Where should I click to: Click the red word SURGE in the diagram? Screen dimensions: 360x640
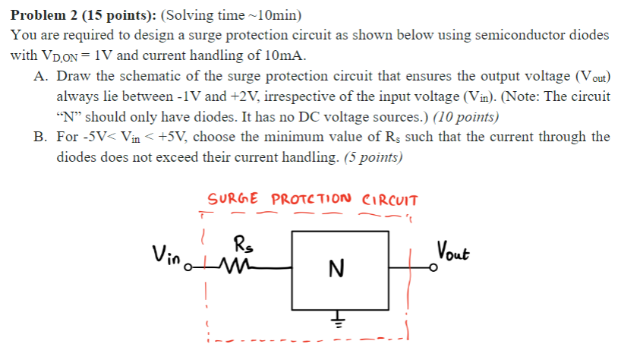pyautogui.click(x=234, y=199)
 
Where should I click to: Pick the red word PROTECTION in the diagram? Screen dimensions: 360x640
pyautogui.click(x=311, y=199)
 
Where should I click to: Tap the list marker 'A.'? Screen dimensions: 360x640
pyautogui.click(x=42, y=77)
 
